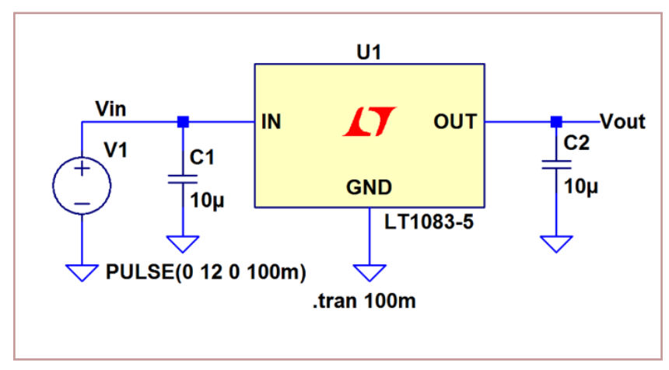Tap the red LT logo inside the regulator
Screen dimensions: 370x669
370,123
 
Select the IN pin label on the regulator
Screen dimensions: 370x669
271,122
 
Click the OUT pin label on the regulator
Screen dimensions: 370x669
454,122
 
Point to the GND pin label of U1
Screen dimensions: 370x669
369,187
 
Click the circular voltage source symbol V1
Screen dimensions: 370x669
82,187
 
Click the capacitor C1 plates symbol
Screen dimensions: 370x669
183,180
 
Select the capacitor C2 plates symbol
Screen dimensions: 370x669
555,165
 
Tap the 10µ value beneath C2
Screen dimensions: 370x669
581,187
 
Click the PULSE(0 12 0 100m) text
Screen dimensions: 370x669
205,273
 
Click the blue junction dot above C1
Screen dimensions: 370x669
183,122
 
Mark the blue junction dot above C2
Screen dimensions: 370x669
555,122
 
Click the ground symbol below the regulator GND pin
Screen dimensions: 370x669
369,272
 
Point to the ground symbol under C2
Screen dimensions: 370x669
555,243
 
